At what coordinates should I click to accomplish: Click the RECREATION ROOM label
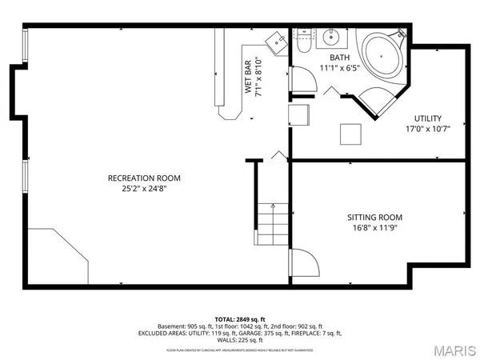tap(145, 178)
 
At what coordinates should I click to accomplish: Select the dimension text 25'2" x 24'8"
tap(145, 189)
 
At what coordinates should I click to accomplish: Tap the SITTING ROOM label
tap(374, 217)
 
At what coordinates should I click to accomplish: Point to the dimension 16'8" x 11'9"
tap(374, 228)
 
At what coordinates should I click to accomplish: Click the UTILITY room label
tap(427, 118)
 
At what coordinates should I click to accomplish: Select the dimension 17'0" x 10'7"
tap(427, 130)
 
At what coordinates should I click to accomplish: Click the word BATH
tap(339, 58)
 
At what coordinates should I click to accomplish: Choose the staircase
tap(273, 223)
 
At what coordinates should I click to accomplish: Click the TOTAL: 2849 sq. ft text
tap(239, 318)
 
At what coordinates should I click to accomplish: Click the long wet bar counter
tap(222, 72)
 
